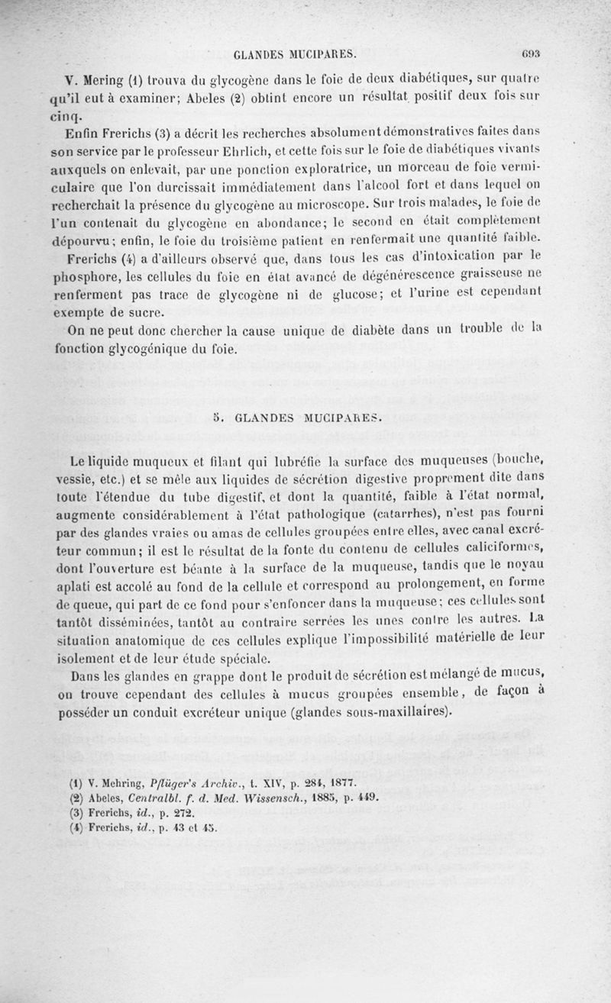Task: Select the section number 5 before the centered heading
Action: pyautogui.click(x=217, y=418)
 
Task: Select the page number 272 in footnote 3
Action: pyautogui.click(x=186, y=812)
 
